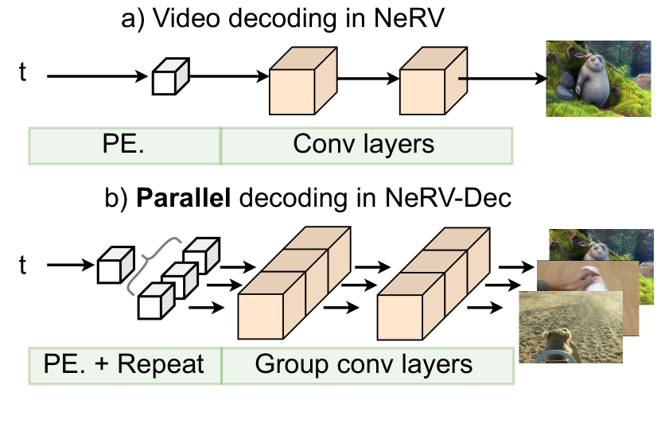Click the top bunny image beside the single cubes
click(x=597, y=79)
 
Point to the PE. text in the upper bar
click(x=124, y=145)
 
